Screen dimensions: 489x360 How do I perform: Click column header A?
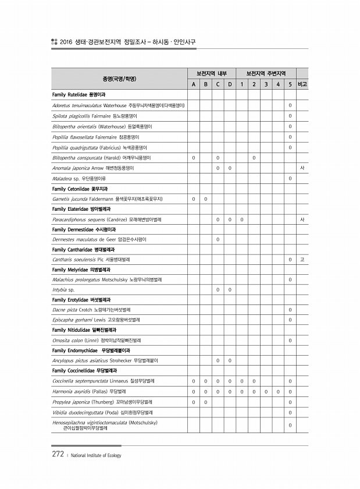(x=193, y=84)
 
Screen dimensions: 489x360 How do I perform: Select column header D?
(x=230, y=84)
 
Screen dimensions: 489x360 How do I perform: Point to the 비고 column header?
(x=302, y=84)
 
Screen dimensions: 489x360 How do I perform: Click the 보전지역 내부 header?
(x=212, y=73)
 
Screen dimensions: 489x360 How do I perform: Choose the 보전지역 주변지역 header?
(x=266, y=73)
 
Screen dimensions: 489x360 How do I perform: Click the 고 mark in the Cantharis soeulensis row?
(x=302, y=259)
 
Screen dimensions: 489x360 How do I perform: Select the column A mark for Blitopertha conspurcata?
(x=193, y=158)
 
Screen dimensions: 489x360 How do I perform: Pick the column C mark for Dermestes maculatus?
(x=218, y=239)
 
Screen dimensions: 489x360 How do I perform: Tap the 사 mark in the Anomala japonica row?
(x=302, y=168)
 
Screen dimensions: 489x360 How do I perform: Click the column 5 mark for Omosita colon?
(x=290, y=340)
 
